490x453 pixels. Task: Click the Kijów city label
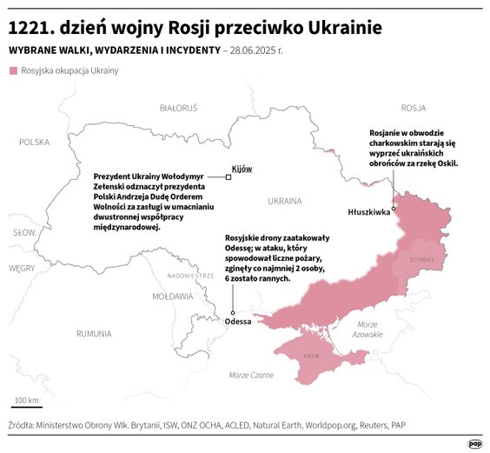click(x=241, y=168)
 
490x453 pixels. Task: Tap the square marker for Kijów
click(x=228, y=177)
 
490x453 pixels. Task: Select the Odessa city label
click(x=237, y=322)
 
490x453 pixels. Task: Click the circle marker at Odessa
click(x=233, y=311)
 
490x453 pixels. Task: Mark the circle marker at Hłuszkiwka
click(x=394, y=208)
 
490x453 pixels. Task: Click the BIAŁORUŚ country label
click(x=179, y=108)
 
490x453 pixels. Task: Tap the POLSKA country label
click(x=35, y=142)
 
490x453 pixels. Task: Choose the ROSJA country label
click(x=413, y=108)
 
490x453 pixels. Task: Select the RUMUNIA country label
click(x=93, y=333)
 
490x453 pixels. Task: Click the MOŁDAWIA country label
click(x=172, y=296)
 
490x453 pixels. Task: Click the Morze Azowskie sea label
click(x=367, y=330)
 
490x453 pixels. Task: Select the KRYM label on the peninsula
click(x=311, y=356)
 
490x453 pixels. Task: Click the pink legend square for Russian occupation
click(x=13, y=70)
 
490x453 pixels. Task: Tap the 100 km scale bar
click(x=25, y=407)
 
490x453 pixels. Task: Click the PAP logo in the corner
click(x=474, y=443)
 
